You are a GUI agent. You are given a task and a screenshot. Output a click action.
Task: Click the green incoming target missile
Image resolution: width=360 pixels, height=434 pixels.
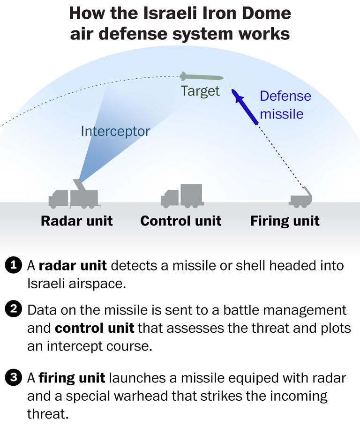coord(202,76)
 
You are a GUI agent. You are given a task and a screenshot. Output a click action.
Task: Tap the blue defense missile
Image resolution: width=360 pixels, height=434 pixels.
coord(245,107)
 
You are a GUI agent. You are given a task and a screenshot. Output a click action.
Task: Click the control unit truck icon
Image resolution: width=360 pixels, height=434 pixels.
coord(182,196)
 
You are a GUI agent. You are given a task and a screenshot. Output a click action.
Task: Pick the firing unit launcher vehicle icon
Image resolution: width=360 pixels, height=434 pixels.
coord(300,197)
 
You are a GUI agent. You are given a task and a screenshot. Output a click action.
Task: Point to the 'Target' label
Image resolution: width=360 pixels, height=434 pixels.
coord(200,91)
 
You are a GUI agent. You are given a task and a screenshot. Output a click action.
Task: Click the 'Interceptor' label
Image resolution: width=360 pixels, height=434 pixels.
coord(115,131)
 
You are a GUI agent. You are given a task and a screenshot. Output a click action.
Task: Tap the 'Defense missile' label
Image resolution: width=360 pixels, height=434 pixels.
coord(285,105)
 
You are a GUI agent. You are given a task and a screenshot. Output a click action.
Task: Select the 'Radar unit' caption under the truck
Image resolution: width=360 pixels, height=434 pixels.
coord(77,221)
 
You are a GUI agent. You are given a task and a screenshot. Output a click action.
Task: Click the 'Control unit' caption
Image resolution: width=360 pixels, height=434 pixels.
coord(180,221)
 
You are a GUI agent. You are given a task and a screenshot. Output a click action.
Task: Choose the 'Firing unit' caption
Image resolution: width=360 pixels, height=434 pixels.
coord(285,221)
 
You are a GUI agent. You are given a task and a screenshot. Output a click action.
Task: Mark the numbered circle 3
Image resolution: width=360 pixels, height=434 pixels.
coord(13,377)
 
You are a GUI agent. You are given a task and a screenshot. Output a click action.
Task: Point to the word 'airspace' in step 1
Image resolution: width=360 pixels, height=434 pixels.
coord(98,284)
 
